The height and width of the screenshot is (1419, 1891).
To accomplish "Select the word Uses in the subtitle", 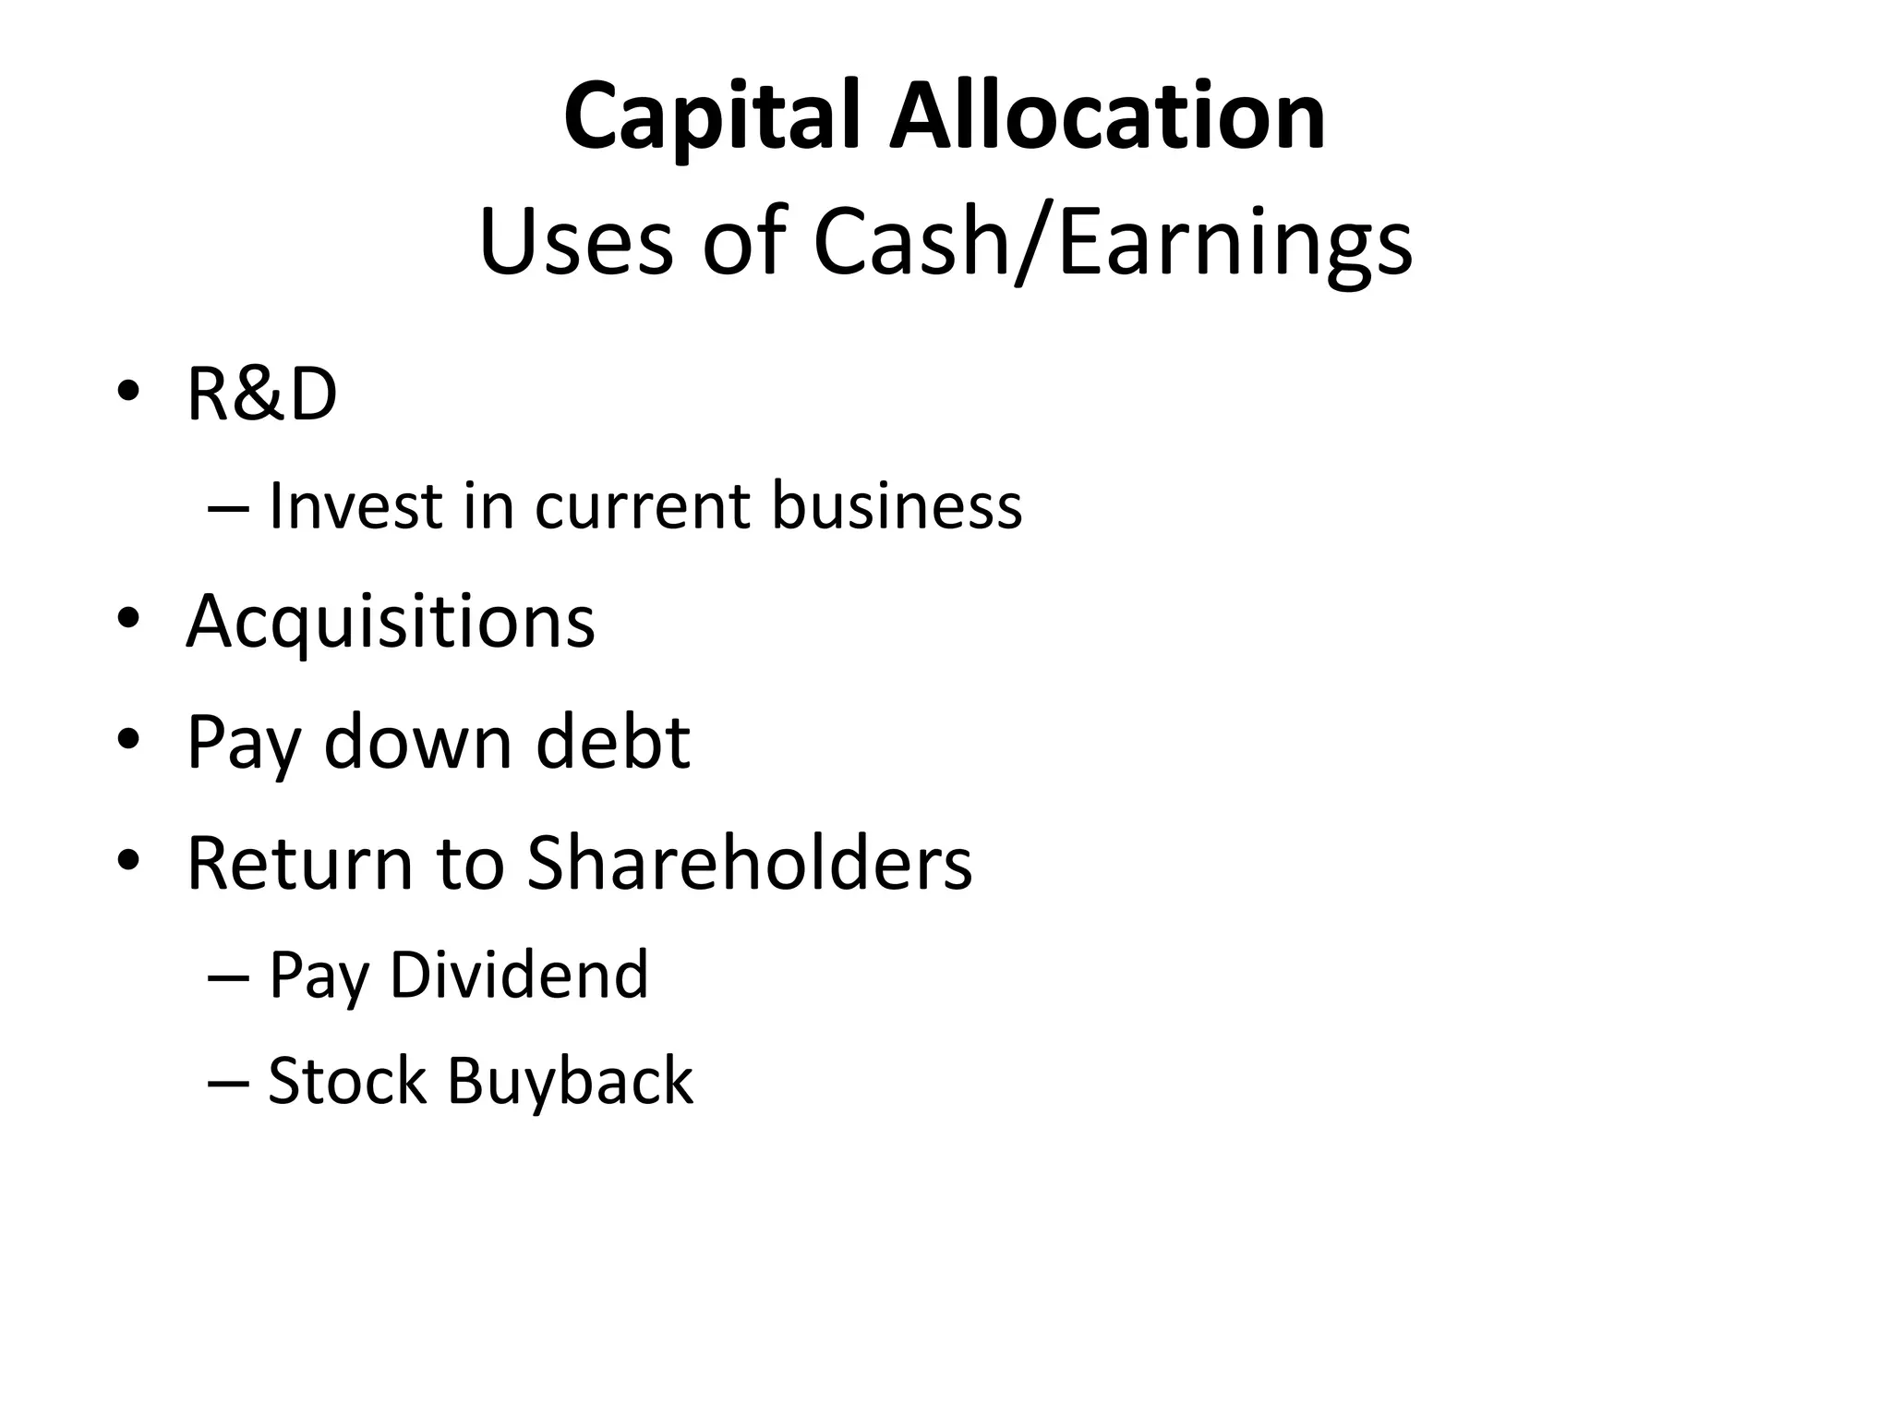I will [576, 242].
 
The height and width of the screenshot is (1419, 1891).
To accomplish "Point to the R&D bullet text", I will [261, 394].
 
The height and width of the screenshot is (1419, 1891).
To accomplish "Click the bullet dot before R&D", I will [128, 392].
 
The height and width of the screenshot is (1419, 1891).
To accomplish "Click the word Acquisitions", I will [391, 623].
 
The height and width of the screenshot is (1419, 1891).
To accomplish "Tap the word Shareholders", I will [749, 863].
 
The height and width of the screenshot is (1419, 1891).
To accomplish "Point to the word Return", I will [300, 863].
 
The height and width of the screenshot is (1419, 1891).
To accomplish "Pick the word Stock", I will [347, 1080].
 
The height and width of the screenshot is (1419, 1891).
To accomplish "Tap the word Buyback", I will [570, 1082].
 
